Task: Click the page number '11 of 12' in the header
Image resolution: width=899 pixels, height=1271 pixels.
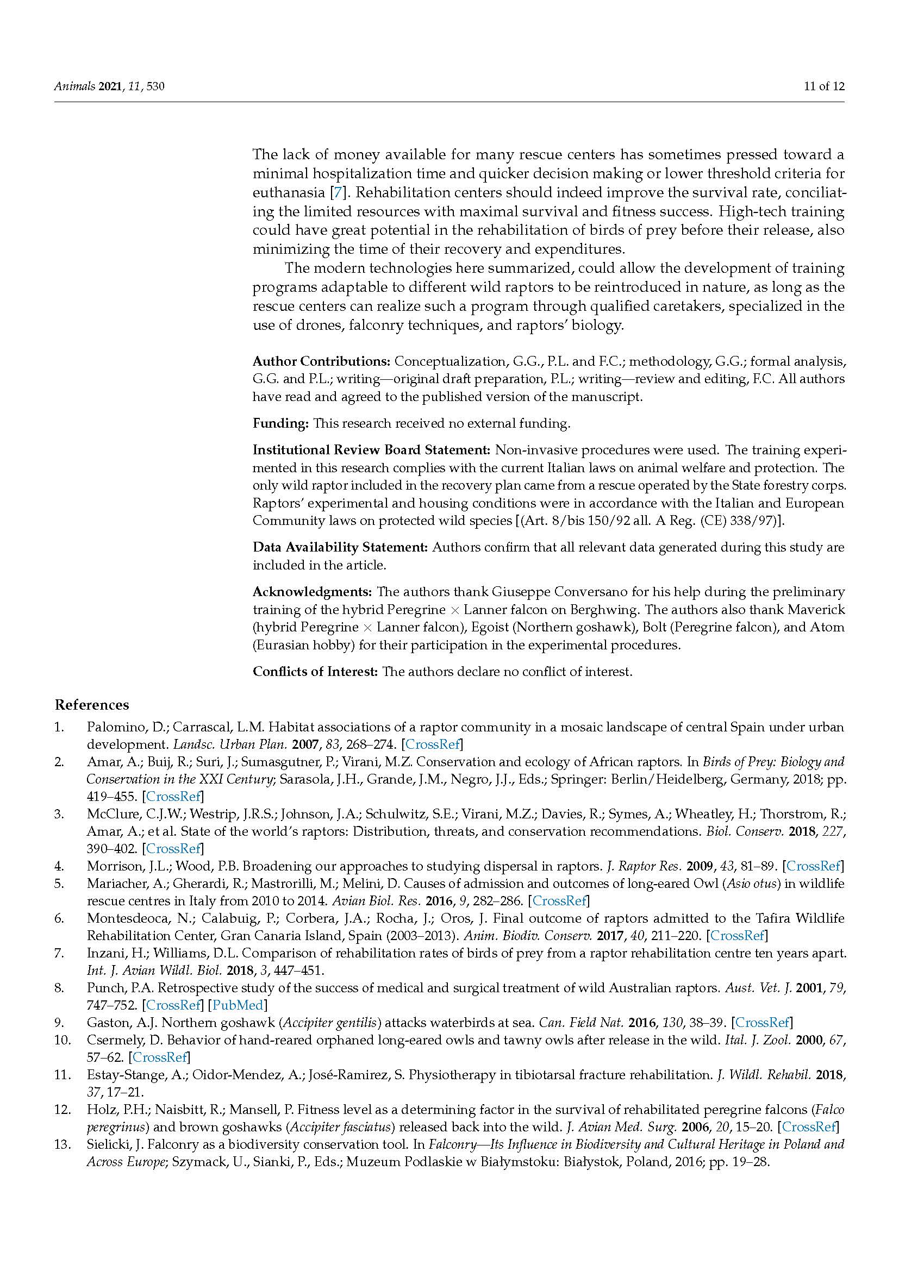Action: point(823,86)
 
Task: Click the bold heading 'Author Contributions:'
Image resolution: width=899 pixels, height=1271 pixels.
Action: point(322,361)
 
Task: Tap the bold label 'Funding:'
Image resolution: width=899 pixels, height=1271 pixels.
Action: point(280,423)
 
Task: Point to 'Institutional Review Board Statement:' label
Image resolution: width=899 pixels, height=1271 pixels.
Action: point(372,449)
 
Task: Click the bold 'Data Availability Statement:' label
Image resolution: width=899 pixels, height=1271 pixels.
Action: point(340,548)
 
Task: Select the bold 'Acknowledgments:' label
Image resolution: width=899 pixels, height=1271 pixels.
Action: point(313,592)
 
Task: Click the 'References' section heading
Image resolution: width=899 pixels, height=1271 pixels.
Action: point(91,705)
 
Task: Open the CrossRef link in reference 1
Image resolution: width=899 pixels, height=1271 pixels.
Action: point(433,744)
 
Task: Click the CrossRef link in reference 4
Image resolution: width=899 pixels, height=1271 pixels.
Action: point(813,866)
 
